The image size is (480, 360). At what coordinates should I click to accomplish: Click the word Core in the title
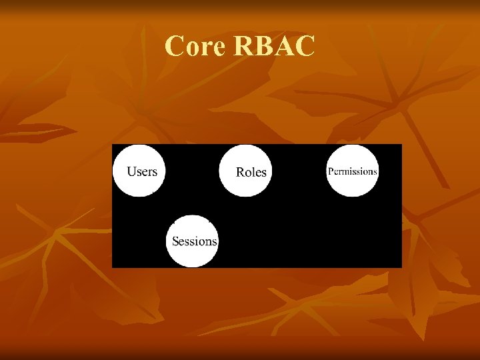194,47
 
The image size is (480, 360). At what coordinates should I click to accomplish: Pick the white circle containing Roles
246,171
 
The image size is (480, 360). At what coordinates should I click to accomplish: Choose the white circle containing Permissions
352,171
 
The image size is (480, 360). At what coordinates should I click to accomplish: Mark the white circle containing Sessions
193,241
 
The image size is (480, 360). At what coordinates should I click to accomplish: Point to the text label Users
142,171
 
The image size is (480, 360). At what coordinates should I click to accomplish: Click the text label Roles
251,172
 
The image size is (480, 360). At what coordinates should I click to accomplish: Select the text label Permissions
352,171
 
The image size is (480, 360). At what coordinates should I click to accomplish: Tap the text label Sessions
194,241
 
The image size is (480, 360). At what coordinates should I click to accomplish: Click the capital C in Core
175,47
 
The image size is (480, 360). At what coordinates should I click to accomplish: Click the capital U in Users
132,171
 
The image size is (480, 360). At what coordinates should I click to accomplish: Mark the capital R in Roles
241,172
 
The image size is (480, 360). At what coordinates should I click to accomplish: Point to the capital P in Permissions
329,171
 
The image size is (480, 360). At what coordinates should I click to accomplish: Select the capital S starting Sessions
175,241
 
